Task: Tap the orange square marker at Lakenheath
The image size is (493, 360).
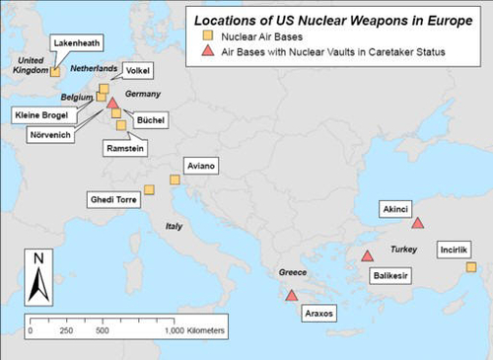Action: coord(55,71)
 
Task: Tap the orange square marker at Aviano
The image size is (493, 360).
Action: coord(175,180)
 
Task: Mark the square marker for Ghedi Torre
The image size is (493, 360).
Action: coord(150,189)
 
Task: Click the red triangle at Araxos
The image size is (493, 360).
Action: coord(291,295)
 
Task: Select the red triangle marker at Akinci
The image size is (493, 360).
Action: coord(417,223)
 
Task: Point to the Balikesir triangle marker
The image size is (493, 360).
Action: coord(367,256)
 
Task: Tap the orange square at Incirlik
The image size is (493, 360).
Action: coord(471,267)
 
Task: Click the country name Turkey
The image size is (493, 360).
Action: coord(405,251)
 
